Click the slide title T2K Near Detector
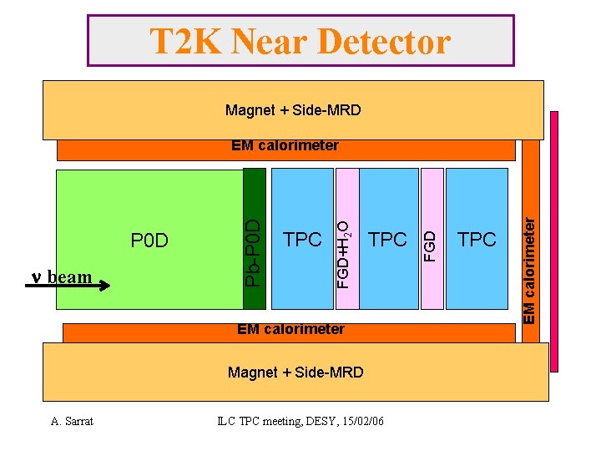tap(300, 41)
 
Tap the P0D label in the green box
tap(150, 241)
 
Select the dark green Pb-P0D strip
tap(255, 239)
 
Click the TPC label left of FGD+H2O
tap(302, 240)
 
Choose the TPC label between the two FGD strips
tap(388, 240)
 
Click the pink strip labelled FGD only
tap(432, 239)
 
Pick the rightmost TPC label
tap(477, 240)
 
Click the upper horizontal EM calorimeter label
tap(285, 146)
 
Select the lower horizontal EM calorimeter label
tap(290, 329)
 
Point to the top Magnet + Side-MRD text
tap(293, 110)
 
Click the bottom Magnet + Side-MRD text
tap(295, 372)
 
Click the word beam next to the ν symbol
tap(70, 276)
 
